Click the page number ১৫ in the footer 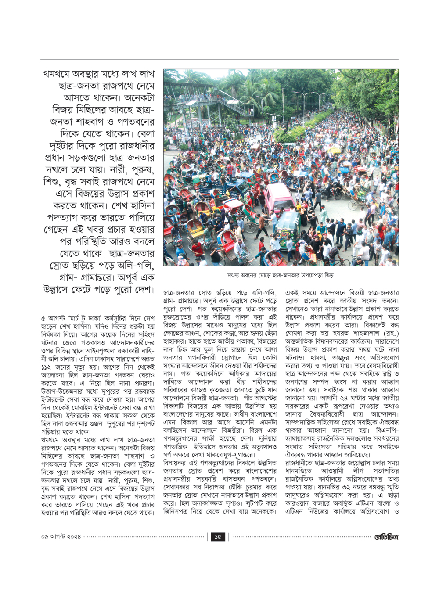(218, 537)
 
